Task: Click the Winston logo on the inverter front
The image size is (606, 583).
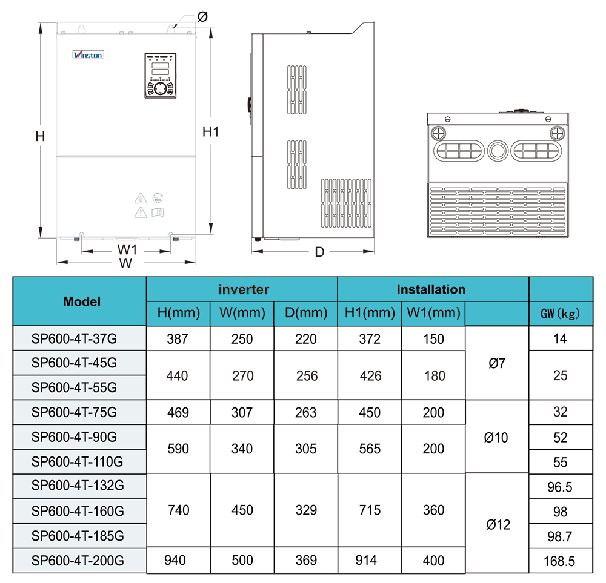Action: (88, 54)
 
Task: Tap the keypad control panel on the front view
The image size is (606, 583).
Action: (160, 76)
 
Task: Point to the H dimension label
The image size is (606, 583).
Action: (40, 137)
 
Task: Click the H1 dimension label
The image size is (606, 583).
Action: (210, 132)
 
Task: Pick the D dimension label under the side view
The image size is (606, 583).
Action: (319, 252)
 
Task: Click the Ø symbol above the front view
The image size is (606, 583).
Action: (202, 16)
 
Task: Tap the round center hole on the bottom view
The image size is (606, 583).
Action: (498, 150)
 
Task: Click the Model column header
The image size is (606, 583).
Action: (82, 301)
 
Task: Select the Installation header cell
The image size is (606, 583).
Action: (431, 289)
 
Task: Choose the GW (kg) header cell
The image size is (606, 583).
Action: (560, 314)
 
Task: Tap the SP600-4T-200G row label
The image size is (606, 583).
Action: (78, 561)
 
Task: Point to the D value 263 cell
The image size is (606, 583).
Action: (305, 413)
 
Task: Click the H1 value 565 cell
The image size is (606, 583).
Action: (370, 449)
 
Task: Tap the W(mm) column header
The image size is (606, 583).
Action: (242, 314)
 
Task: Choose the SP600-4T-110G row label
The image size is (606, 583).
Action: (78, 463)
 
